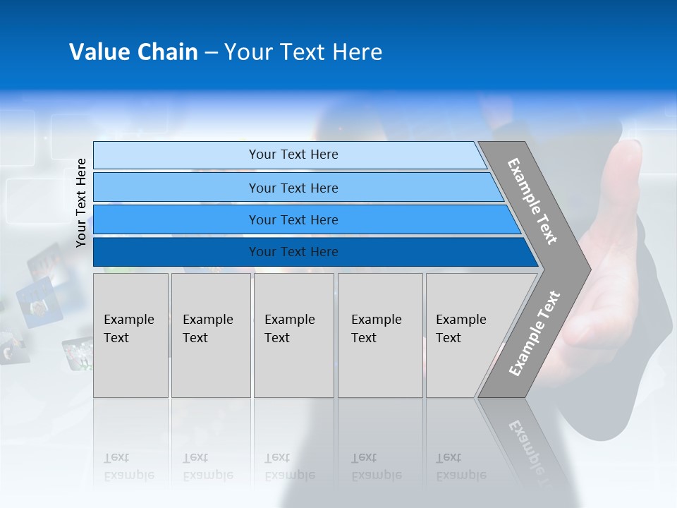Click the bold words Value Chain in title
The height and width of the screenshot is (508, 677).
pyautogui.click(x=133, y=52)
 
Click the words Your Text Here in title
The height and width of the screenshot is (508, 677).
pyautogui.click(x=303, y=52)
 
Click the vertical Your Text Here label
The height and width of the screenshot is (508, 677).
pyautogui.click(x=82, y=202)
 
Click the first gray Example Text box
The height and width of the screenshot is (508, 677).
pyautogui.click(x=130, y=335)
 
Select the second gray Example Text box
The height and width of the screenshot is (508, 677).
pyautogui.click(x=211, y=335)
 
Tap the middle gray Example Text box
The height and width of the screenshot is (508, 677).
pyautogui.click(x=293, y=335)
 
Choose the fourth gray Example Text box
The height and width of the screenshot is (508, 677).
pyautogui.click(x=380, y=335)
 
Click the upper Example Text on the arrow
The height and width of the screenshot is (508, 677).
pyautogui.click(x=532, y=201)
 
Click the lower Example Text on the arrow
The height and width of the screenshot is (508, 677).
pyautogui.click(x=535, y=333)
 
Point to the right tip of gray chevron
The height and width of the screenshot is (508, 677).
pyautogui.click(x=590, y=269)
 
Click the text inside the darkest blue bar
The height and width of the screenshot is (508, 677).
pyautogui.click(x=293, y=252)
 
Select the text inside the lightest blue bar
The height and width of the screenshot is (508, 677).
pyautogui.click(x=293, y=155)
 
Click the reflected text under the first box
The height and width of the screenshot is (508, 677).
pyautogui.click(x=128, y=466)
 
